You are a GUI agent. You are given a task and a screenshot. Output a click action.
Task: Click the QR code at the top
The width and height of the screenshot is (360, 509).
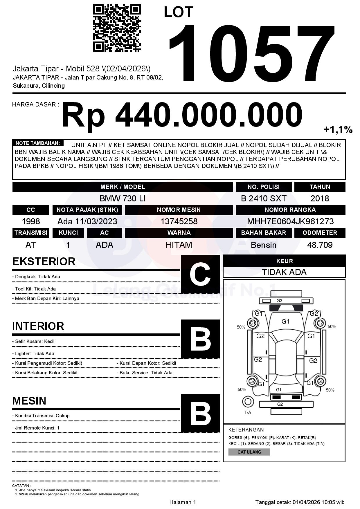click(x=117, y=28)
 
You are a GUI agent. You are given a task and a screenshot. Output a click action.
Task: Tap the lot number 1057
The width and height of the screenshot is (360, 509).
click(x=252, y=54)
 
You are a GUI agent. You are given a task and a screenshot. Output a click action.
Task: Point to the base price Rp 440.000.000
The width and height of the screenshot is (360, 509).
click(x=182, y=115)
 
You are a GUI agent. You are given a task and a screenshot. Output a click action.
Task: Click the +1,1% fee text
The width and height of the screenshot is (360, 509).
click(x=338, y=130)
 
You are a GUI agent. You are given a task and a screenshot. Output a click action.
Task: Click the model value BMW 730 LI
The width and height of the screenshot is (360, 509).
click(x=123, y=198)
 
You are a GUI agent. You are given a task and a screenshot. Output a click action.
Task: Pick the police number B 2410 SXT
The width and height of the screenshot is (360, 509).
click(x=264, y=198)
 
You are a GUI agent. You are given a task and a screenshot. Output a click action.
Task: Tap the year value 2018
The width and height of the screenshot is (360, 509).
click(x=320, y=198)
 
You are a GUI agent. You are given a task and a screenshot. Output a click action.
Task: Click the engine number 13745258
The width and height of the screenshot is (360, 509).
click(x=179, y=221)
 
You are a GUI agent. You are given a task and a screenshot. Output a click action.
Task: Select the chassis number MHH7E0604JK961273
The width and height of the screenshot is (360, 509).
click(x=290, y=221)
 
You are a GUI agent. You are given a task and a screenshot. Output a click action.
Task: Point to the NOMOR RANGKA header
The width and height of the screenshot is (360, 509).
click(x=290, y=210)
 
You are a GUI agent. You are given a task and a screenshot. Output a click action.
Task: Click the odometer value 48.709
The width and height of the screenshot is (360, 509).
click(x=320, y=245)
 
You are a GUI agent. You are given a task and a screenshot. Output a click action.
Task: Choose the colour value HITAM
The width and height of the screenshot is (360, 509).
click(x=179, y=245)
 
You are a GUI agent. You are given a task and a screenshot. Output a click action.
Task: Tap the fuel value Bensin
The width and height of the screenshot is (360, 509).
click(x=264, y=245)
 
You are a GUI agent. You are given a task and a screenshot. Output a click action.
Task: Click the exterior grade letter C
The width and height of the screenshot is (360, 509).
click(x=200, y=274)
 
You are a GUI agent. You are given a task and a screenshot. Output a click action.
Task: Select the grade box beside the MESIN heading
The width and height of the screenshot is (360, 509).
click(x=200, y=413)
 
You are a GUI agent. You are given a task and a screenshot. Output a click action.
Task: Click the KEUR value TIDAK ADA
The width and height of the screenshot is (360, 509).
click(x=284, y=272)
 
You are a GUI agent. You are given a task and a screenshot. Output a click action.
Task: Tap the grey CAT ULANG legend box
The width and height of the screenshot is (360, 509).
click(x=249, y=452)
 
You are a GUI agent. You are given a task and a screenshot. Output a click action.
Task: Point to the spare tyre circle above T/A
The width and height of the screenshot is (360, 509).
click(x=248, y=402)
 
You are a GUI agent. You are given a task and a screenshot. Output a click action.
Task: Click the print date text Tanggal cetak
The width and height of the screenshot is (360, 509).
click(x=300, y=502)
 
